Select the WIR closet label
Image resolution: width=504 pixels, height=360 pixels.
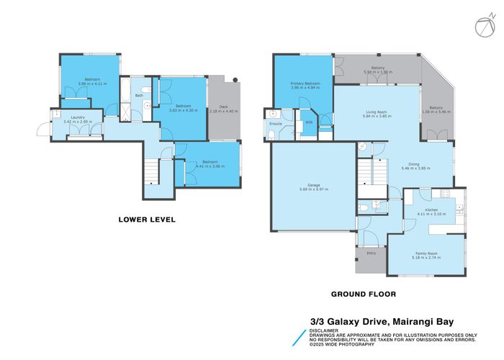pyautogui.click(x=309, y=122)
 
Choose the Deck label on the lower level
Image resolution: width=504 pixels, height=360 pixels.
pyautogui.click(x=222, y=107)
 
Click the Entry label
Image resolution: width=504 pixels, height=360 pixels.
pyautogui.click(x=371, y=253)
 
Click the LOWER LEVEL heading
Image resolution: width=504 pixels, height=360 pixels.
pyautogui.click(x=147, y=219)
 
